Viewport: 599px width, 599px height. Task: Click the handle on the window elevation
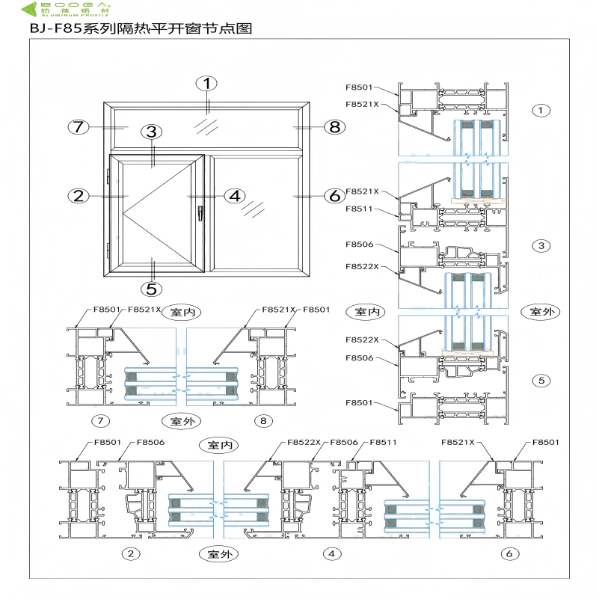[x=200, y=213]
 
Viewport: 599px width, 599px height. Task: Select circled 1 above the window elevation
[x=207, y=83]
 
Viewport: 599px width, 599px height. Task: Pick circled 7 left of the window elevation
[x=79, y=126]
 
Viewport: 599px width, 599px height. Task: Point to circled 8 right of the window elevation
[x=334, y=126]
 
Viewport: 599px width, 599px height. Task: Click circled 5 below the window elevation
[x=152, y=288]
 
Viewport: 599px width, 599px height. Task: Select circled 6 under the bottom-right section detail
[x=509, y=554]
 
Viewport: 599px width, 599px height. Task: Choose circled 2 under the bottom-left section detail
[x=131, y=554]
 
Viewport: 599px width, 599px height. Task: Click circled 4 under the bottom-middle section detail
[x=330, y=554]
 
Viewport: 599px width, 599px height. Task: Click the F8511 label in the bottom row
[x=379, y=442]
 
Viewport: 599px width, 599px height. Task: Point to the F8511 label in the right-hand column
[x=358, y=209]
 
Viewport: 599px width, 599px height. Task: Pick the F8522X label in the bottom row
[x=304, y=442]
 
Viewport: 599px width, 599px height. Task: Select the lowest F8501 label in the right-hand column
[x=358, y=402]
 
